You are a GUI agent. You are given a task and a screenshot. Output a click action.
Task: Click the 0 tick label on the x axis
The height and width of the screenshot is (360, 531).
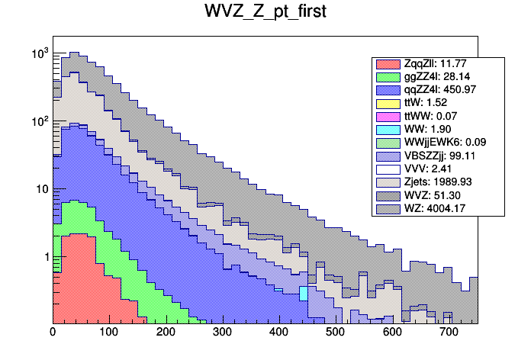tap(53, 333)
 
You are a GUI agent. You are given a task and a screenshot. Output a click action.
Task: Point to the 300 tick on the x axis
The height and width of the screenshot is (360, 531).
tap(222, 333)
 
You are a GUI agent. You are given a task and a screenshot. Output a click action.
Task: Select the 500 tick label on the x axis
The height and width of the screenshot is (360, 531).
tap(335, 333)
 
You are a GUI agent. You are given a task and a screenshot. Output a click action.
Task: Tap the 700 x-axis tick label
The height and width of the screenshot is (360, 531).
tap(448, 333)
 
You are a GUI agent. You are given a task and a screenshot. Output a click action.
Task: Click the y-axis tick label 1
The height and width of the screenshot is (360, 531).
tap(44, 256)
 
